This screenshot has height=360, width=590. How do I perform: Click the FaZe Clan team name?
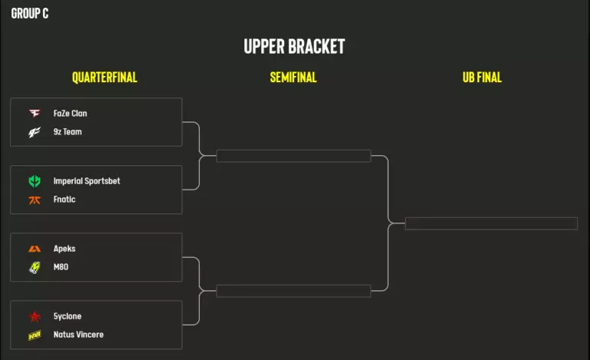(x=70, y=114)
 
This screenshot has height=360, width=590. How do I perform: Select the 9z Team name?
(x=68, y=132)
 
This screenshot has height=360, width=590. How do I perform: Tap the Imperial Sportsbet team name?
(x=87, y=181)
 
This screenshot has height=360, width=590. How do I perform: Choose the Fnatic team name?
(x=65, y=200)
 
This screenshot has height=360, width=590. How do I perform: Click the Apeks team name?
(x=65, y=249)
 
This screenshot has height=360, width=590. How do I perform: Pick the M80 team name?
(x=61, y=267)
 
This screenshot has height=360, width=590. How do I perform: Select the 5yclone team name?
(x=68, y=316)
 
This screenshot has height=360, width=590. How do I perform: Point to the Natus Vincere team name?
(x=78, y=335)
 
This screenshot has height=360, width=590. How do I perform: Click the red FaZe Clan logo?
(x=35, y=114)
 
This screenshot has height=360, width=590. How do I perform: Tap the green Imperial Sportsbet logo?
(x=35, y=181)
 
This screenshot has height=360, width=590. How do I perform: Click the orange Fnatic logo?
(x=35, y=200)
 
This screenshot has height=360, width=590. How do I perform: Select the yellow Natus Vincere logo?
(x=35, y=335)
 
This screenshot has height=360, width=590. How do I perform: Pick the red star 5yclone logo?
(x=35, y=316)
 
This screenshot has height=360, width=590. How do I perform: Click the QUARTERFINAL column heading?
(x=104, y=78)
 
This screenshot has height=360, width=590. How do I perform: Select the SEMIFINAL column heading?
(x=293, y=78)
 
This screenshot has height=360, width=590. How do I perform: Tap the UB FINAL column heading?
(x=482, y=78)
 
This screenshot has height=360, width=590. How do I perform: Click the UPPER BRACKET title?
(x=294, y=46)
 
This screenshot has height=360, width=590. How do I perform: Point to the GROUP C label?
(x=30, y=13)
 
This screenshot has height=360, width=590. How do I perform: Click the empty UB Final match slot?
(x=491, y=223)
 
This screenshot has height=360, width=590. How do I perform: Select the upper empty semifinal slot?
(x=293, y=156)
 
